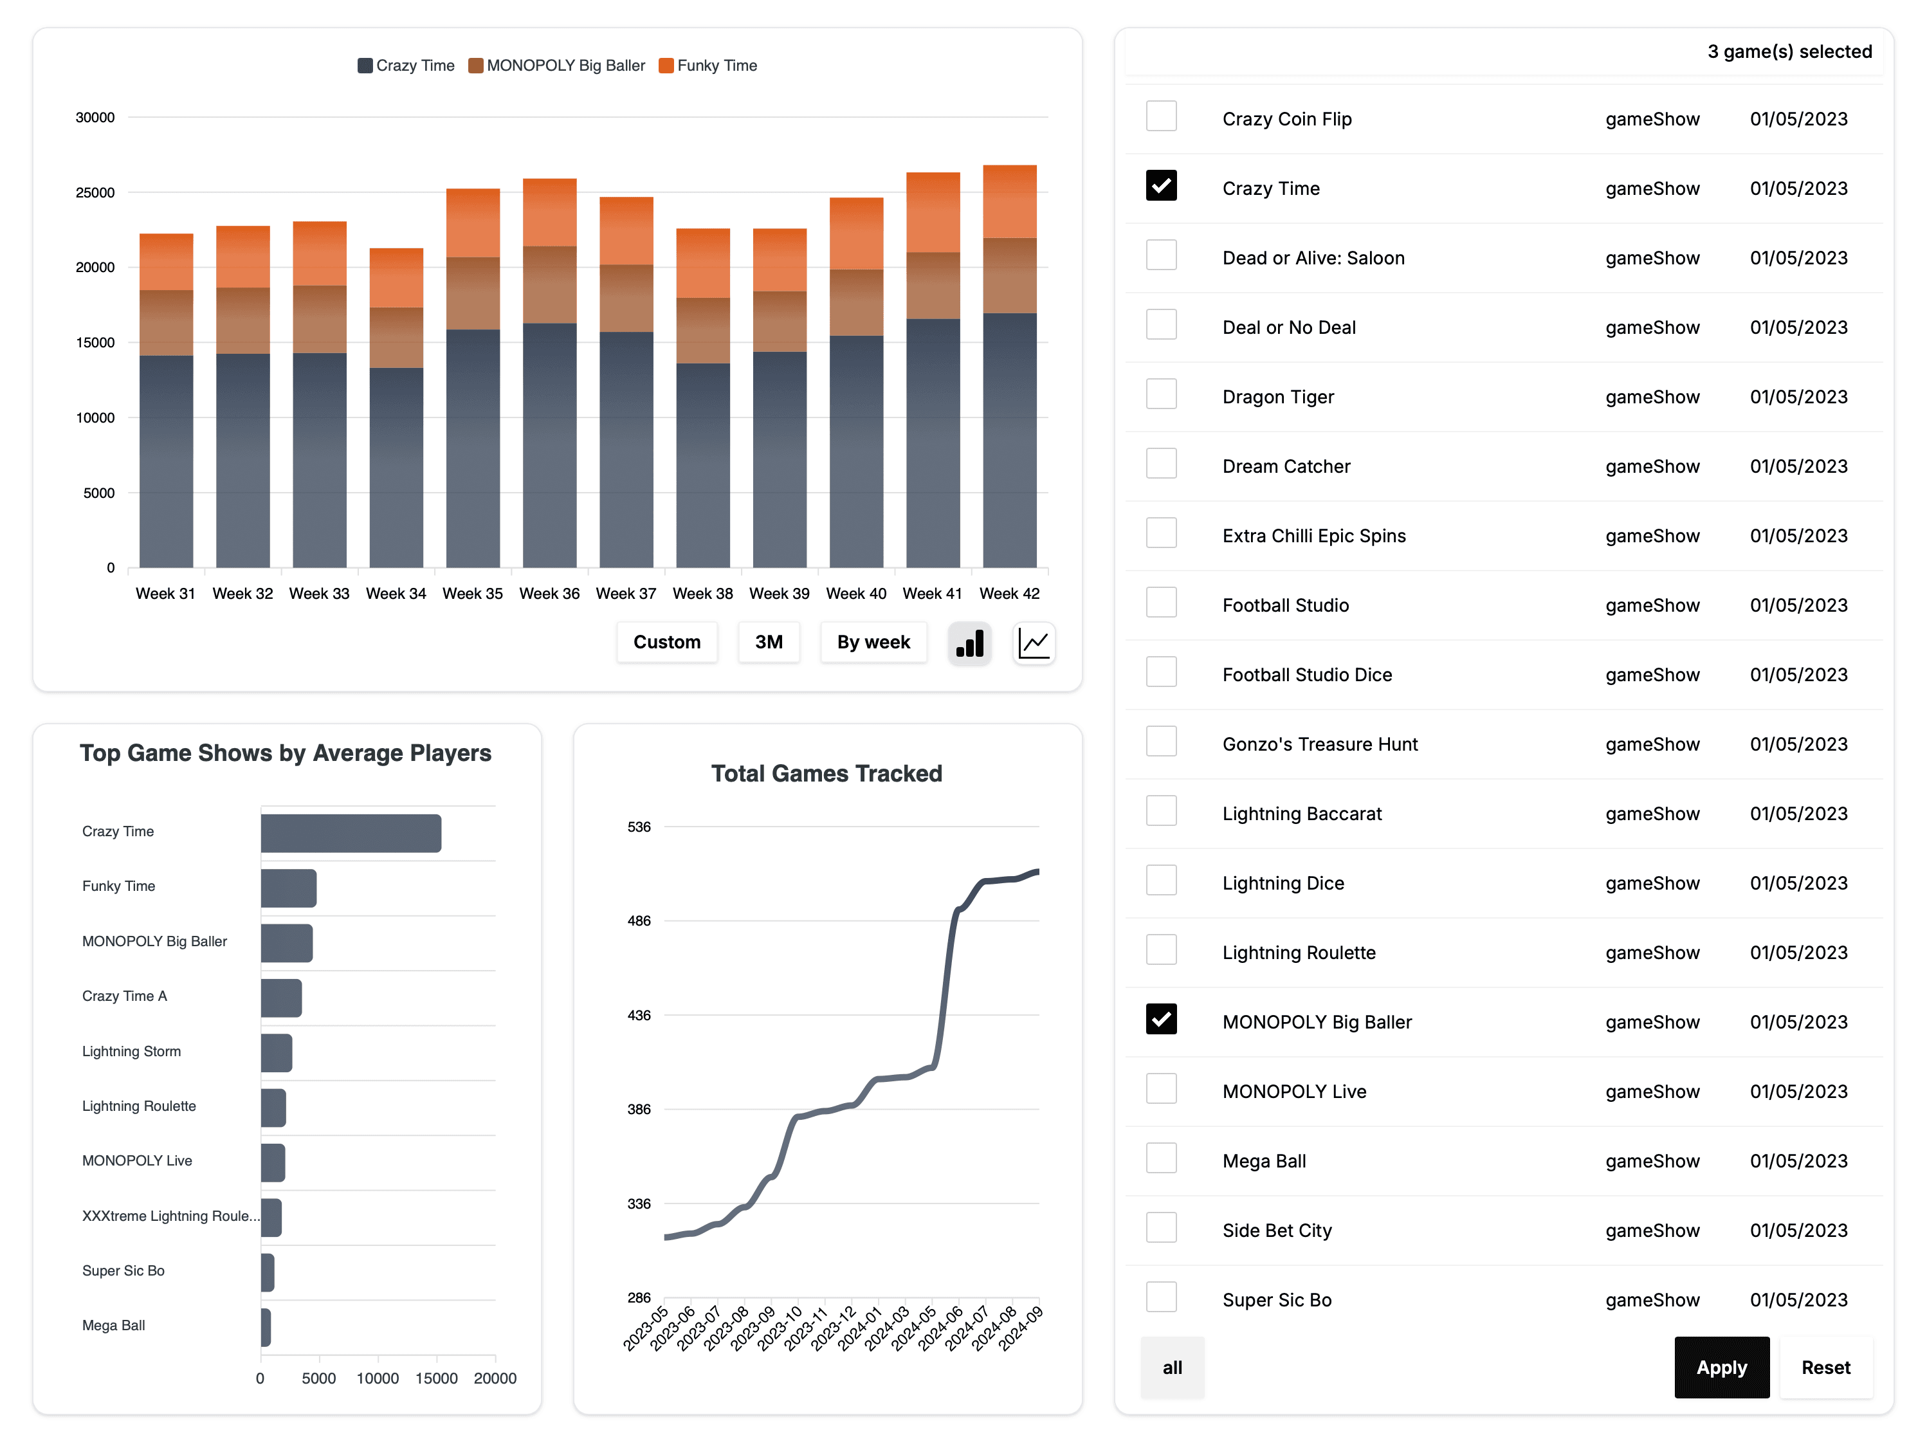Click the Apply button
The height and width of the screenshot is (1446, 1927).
pos(1721,1367)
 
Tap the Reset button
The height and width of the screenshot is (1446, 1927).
pos(1825,1367)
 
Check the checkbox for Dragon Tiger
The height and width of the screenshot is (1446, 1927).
pos(1160,394)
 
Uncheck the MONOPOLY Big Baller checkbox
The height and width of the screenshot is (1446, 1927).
pos(1160,1019)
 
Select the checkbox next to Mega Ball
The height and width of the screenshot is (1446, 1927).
pos(1160,1158)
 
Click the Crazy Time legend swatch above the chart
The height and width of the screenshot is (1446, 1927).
pos(365,66)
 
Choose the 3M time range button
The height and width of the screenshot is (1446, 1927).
pos(769,642)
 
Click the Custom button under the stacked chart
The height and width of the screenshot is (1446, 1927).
pos(666,642)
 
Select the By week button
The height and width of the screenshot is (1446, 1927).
pos(873,642)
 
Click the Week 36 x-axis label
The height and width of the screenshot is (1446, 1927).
pos(549,593)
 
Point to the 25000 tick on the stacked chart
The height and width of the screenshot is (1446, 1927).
pos(95,192)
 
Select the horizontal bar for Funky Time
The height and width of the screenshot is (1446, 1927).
pos(288,888)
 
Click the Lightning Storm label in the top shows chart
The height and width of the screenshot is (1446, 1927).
pos(132,1052)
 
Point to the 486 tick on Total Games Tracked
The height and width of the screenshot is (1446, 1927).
pos(639,920)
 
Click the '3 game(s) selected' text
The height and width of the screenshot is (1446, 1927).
pos(1789,51)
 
